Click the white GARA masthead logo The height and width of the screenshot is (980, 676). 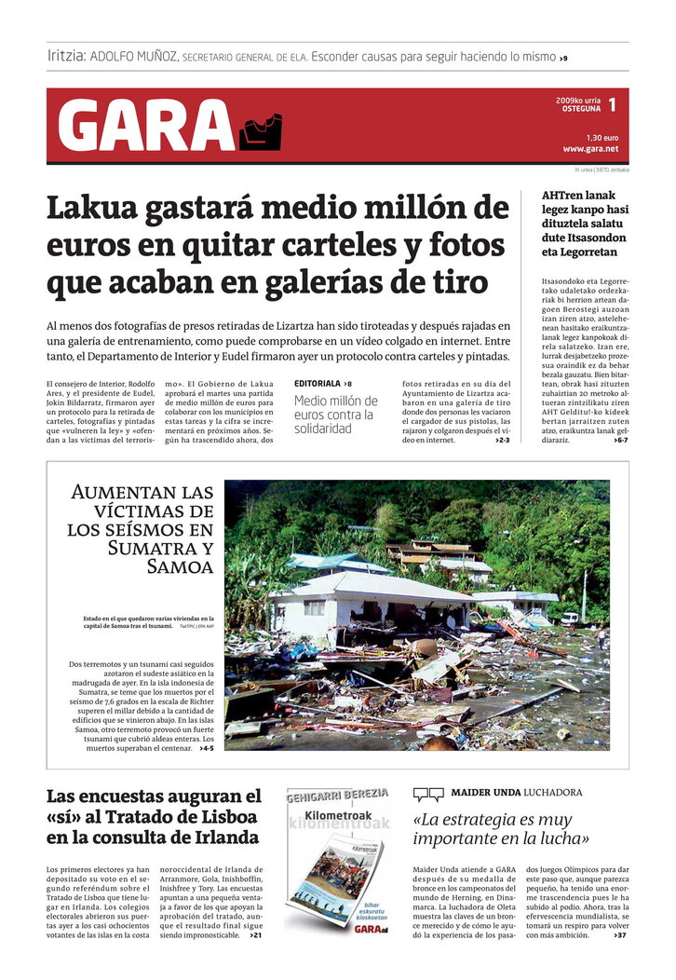click(x=145, y=125)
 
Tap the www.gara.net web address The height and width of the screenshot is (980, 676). click(x=590, y=149)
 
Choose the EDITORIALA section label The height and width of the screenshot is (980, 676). click(x=317, y=384)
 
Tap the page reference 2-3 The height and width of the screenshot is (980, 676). click(x=503, y=440)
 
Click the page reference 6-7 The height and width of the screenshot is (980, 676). click(x=621, y=440)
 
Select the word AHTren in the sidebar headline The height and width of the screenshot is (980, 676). click(x=565, y=195)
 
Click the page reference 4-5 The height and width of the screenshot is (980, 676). click(x=207, y=748)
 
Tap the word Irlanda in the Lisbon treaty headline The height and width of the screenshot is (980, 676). click(x=223, y=837)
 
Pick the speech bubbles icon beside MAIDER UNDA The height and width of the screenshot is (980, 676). click(x=428, y=794)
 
